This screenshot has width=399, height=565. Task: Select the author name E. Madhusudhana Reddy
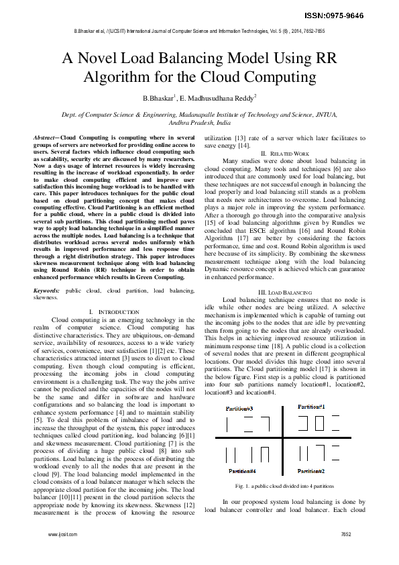pyautogui.click(x=219, y=99)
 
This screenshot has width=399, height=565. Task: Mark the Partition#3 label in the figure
pyautogui.click(x=239, y=408)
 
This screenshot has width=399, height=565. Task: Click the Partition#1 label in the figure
pyautogui.click(x=311, y=407)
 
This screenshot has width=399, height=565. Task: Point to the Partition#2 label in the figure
pyautogui.click(x=311, y=472)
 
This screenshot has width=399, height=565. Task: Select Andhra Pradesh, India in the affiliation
pyautogui.click(x=199, y=123)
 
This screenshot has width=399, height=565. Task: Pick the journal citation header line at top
pyautogui.click(x=199, y=32)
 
